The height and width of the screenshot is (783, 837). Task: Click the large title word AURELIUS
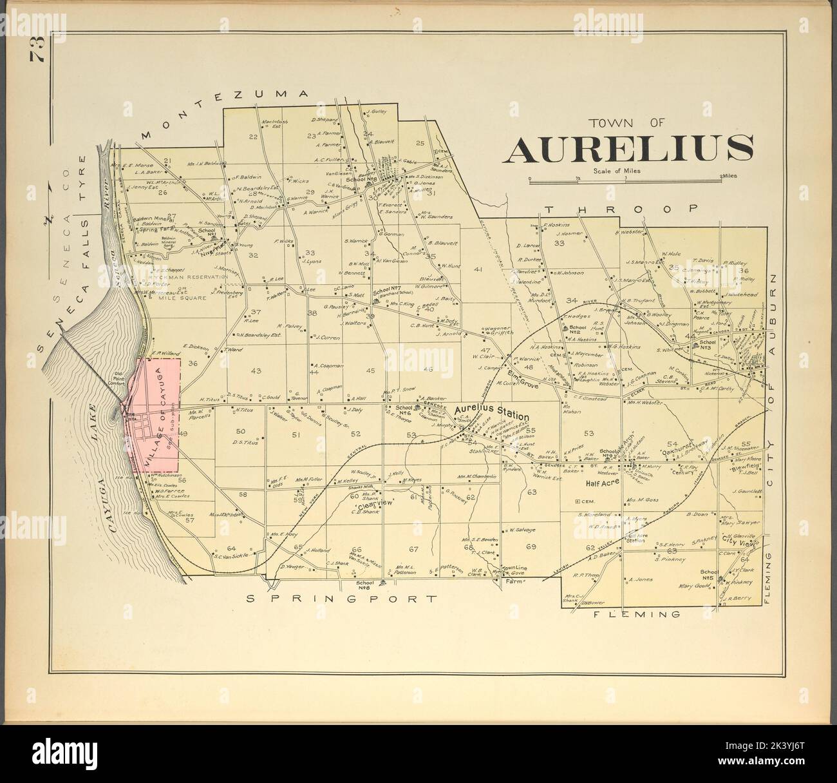coord(630,149)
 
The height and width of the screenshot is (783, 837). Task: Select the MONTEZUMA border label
coord(222,111)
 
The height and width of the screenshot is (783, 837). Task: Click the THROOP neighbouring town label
coord(621,209)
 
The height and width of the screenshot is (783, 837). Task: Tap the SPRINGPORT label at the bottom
coord(342,599)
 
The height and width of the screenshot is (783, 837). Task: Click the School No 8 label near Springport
coord(366,584)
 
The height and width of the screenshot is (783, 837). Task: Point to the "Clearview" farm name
coord(370,503)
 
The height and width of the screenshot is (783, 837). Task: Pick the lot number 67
coord(413,549)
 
